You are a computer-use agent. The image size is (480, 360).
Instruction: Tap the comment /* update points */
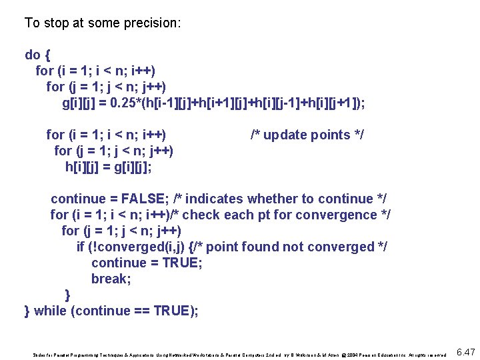pyautogui.click(x=307, y=135)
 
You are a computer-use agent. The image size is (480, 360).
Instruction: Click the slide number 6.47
pyautogui.click(x=464, y=352)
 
